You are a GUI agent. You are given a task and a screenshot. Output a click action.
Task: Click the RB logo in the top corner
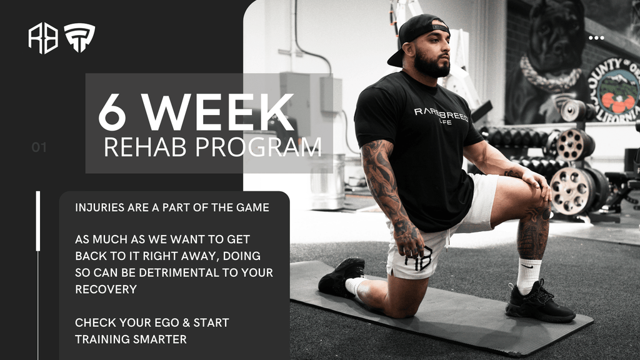pos(43,38)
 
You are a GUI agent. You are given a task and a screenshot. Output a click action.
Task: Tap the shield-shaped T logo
pos(79,37)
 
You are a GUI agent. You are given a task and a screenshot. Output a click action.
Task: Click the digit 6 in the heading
pos(112,111)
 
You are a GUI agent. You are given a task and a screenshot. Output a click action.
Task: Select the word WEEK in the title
pos(218,111)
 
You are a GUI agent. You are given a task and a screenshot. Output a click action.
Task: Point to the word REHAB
pos(145,147)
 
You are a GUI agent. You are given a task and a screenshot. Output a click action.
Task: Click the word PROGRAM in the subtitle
pos(258,147)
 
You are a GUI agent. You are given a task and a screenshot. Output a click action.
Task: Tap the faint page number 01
pos(39,147)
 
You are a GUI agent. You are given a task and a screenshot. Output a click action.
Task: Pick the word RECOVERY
pos(106,289)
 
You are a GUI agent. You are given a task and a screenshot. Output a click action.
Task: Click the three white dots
pos(596,38)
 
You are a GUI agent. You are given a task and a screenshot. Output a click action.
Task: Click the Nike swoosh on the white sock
pos(527,266)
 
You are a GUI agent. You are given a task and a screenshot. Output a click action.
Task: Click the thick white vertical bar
pos(38,221)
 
